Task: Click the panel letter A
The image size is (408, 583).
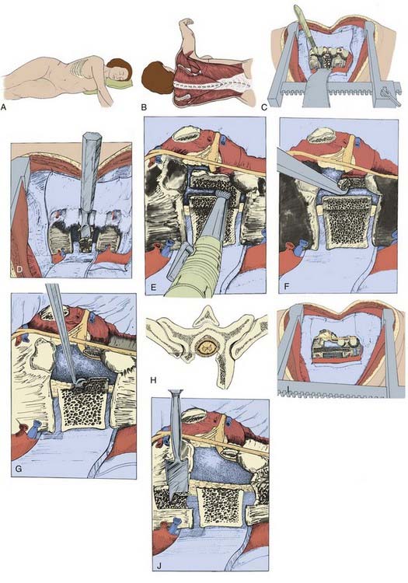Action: [x=5, y=107]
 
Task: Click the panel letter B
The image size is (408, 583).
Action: [x=145, y=107]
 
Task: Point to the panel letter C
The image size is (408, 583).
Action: [x=264, y=107]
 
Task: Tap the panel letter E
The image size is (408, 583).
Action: [x=150, y=287]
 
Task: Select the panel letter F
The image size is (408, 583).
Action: [x=285, y=287]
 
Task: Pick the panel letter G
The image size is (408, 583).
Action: [x=19, y=468]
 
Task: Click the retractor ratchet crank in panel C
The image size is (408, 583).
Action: [x=391, y=95]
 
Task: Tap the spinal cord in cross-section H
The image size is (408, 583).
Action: [x=205, y=347]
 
